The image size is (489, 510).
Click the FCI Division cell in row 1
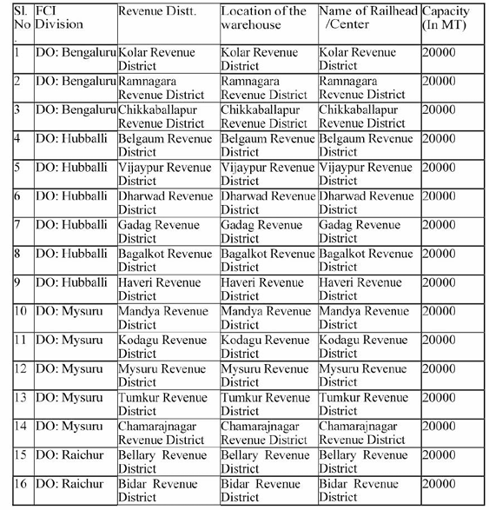point(75,52)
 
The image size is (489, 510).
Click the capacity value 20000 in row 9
point(438,282)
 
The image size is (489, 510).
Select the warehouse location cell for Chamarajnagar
point(265,432)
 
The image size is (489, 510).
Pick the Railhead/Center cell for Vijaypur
point(365,174)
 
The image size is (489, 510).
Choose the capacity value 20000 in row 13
point(438,397)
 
